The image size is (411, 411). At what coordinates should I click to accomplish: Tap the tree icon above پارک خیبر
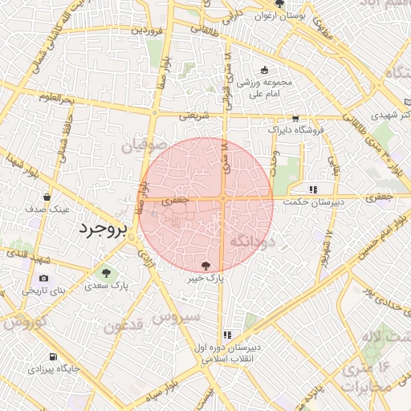tap(207, 264)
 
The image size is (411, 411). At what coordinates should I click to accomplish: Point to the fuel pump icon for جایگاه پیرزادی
tap(53, 356)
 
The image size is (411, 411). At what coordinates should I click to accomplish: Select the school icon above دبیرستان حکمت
tap(312, 189)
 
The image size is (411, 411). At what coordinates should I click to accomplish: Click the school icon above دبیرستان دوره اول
tap(227, 335)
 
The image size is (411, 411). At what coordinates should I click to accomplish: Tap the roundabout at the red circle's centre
tap(222, 198)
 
